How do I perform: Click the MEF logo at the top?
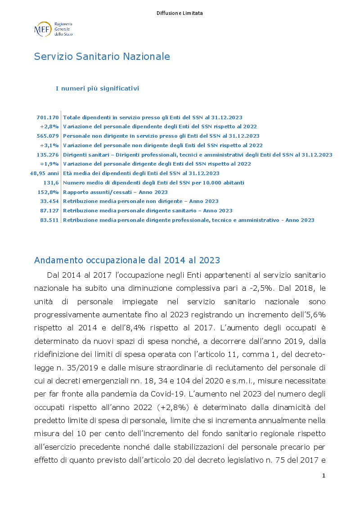(x=53, y=29)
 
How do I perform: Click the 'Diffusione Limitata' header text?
(x=180, y=13)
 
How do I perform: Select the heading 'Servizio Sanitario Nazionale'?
(x=102, y=56)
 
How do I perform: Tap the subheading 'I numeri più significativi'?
(x=97, y=88)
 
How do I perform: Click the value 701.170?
(x=48, y=117)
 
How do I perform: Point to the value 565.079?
(x=48, y=135)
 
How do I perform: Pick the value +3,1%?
(x=49, y=145)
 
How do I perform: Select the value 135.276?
(x=48, y=154)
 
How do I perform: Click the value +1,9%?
(x=49, y=164)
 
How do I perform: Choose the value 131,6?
(x=51, y=183)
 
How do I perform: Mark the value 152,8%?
(x=49, y=192)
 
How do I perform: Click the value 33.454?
(x=49, y=201)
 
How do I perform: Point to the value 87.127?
(x=49, y=211)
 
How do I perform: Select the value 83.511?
(x=49, y=220)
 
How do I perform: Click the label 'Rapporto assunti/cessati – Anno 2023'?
(x=115, y=192)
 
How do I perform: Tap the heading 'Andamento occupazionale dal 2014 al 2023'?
(x=127, y=261)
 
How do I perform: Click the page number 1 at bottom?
(x=324, y=476)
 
